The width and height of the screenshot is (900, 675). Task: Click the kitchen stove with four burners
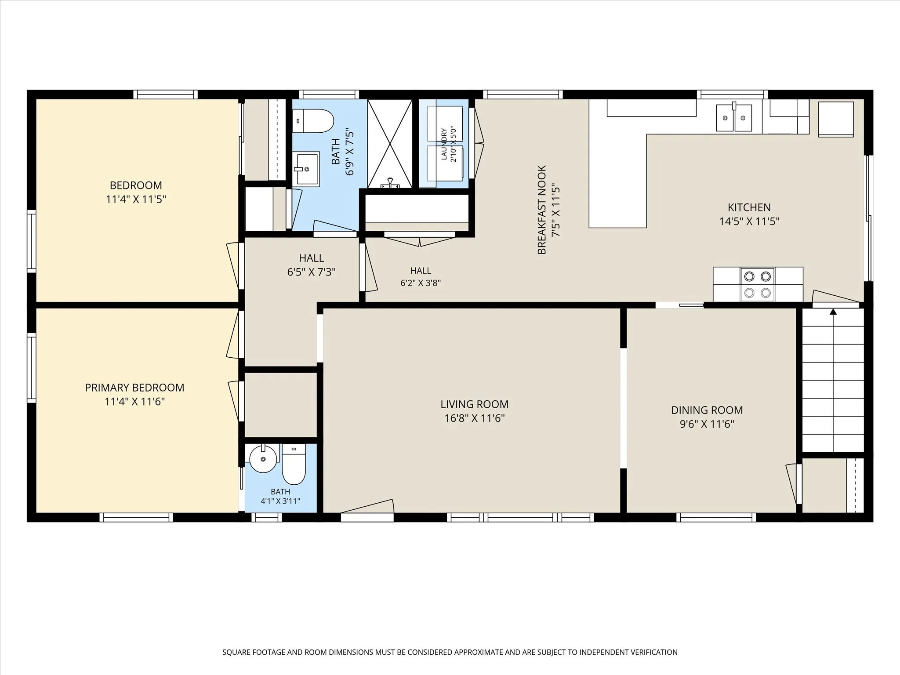coord(758,284)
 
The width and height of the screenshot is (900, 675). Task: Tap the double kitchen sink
coord(734,117)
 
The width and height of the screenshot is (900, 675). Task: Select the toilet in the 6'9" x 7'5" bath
coord(313,121)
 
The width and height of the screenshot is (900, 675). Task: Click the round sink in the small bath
coord(263,458)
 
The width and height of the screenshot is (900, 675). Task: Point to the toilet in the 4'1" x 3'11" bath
coord(294,464)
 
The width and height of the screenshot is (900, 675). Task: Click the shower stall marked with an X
coord(390,144)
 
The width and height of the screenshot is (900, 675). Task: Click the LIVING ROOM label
coord(474,404)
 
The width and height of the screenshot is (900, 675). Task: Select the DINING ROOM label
coord(707,410)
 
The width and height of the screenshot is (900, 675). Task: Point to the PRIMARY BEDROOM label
coord(134,388)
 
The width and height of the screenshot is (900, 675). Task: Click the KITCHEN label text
coord(749,207)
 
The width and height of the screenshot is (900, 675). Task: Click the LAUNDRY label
coord(444,144)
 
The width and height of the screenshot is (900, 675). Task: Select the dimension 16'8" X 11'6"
coord(474,418)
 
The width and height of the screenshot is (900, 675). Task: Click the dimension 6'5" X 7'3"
coord(311,272)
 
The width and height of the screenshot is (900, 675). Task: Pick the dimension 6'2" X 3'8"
coord(421,283)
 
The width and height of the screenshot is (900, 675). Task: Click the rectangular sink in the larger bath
coord(306,169)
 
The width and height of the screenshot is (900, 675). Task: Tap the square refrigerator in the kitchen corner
coord(836,119)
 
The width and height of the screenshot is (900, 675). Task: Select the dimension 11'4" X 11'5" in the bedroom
coord(136,200)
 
